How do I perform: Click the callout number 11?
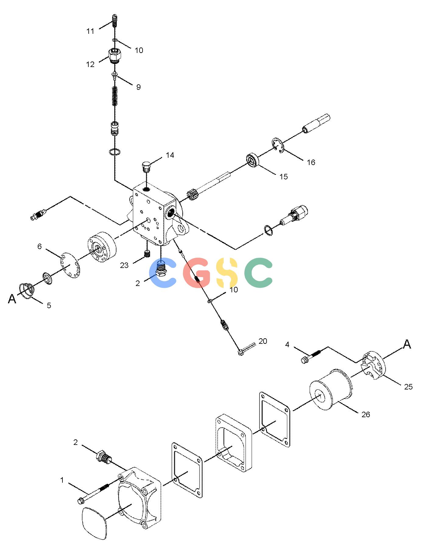(90, 31)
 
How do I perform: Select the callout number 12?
(90, 64)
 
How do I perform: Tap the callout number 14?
(170, 155)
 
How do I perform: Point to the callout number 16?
(311, 162)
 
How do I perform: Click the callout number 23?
(124, 265)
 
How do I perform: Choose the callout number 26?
(366, 414)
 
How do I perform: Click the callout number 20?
(263, 341)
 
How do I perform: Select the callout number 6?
(40, 246)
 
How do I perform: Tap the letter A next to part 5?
(12, 299)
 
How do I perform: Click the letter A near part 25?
(407, 344)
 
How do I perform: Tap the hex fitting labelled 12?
(115, 55)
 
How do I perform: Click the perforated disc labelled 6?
(70, 265)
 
